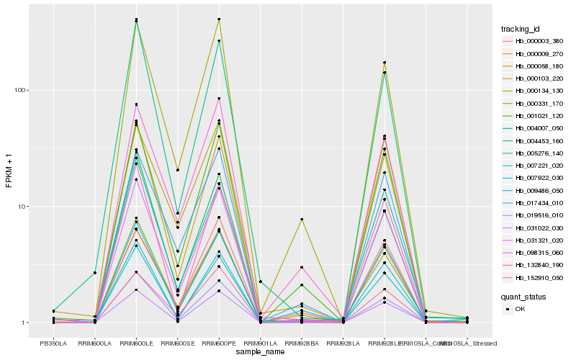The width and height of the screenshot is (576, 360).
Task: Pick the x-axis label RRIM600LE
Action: coord(136,343)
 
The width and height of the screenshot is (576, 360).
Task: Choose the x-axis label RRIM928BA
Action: coord(302,343)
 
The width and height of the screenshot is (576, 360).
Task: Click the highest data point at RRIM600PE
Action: coord(219,19)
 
